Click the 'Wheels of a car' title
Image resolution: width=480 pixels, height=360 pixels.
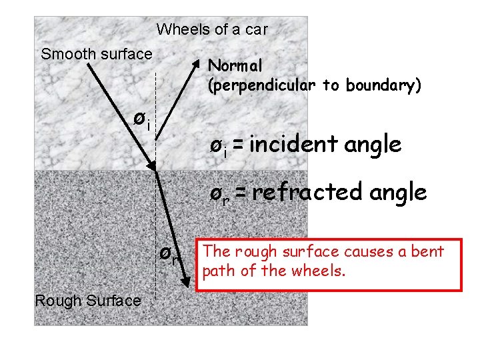click(212, 29)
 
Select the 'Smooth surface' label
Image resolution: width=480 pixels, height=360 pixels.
click(97, 54)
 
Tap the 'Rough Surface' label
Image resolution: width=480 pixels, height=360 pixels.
click(87, 301)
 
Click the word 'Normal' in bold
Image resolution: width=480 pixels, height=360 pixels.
click(235, 65)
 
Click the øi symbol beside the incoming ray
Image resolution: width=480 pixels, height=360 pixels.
click(141, 119)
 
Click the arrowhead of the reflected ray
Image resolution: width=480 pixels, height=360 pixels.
click(197, 63)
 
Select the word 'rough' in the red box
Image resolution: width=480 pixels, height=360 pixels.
click(247, 251)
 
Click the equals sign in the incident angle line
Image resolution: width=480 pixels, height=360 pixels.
click(238, 144)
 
